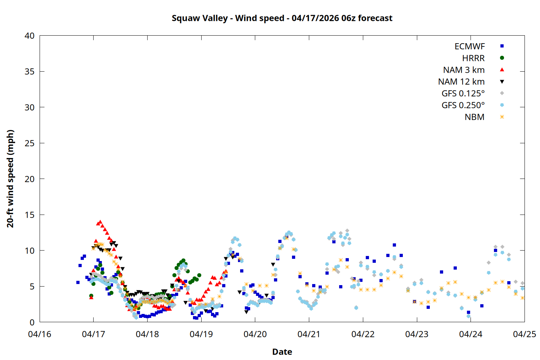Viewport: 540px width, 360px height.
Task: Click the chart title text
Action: (282, 18)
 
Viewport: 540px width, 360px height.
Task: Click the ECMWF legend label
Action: (469, 46)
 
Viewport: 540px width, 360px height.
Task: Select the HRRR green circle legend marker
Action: (502, 58)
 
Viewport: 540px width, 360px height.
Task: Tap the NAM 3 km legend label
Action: (464, 70)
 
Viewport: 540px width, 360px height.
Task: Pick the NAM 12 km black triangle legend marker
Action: (502, 82)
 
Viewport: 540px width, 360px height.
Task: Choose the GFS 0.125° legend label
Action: (463, 94)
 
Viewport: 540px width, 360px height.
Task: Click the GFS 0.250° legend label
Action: (463, 105)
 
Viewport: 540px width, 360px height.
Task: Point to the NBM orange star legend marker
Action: (502, 117)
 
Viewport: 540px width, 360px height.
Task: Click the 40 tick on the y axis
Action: (30, 36)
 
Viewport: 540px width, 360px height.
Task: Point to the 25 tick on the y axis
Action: (30, 143)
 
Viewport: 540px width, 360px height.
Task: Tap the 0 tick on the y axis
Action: (32, 322)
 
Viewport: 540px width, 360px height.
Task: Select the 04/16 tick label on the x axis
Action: (40, 334)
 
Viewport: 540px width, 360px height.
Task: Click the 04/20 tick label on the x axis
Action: (255, 334)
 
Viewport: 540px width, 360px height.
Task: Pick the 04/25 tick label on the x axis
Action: (524, 334)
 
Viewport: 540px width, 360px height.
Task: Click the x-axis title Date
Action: (282, 352)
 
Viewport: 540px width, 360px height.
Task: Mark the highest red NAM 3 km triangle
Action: (100, 222)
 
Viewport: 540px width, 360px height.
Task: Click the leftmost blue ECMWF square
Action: (78, 283)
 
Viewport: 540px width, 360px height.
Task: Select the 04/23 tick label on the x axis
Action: (417, 334)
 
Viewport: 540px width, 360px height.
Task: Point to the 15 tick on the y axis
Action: (30, 215)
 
